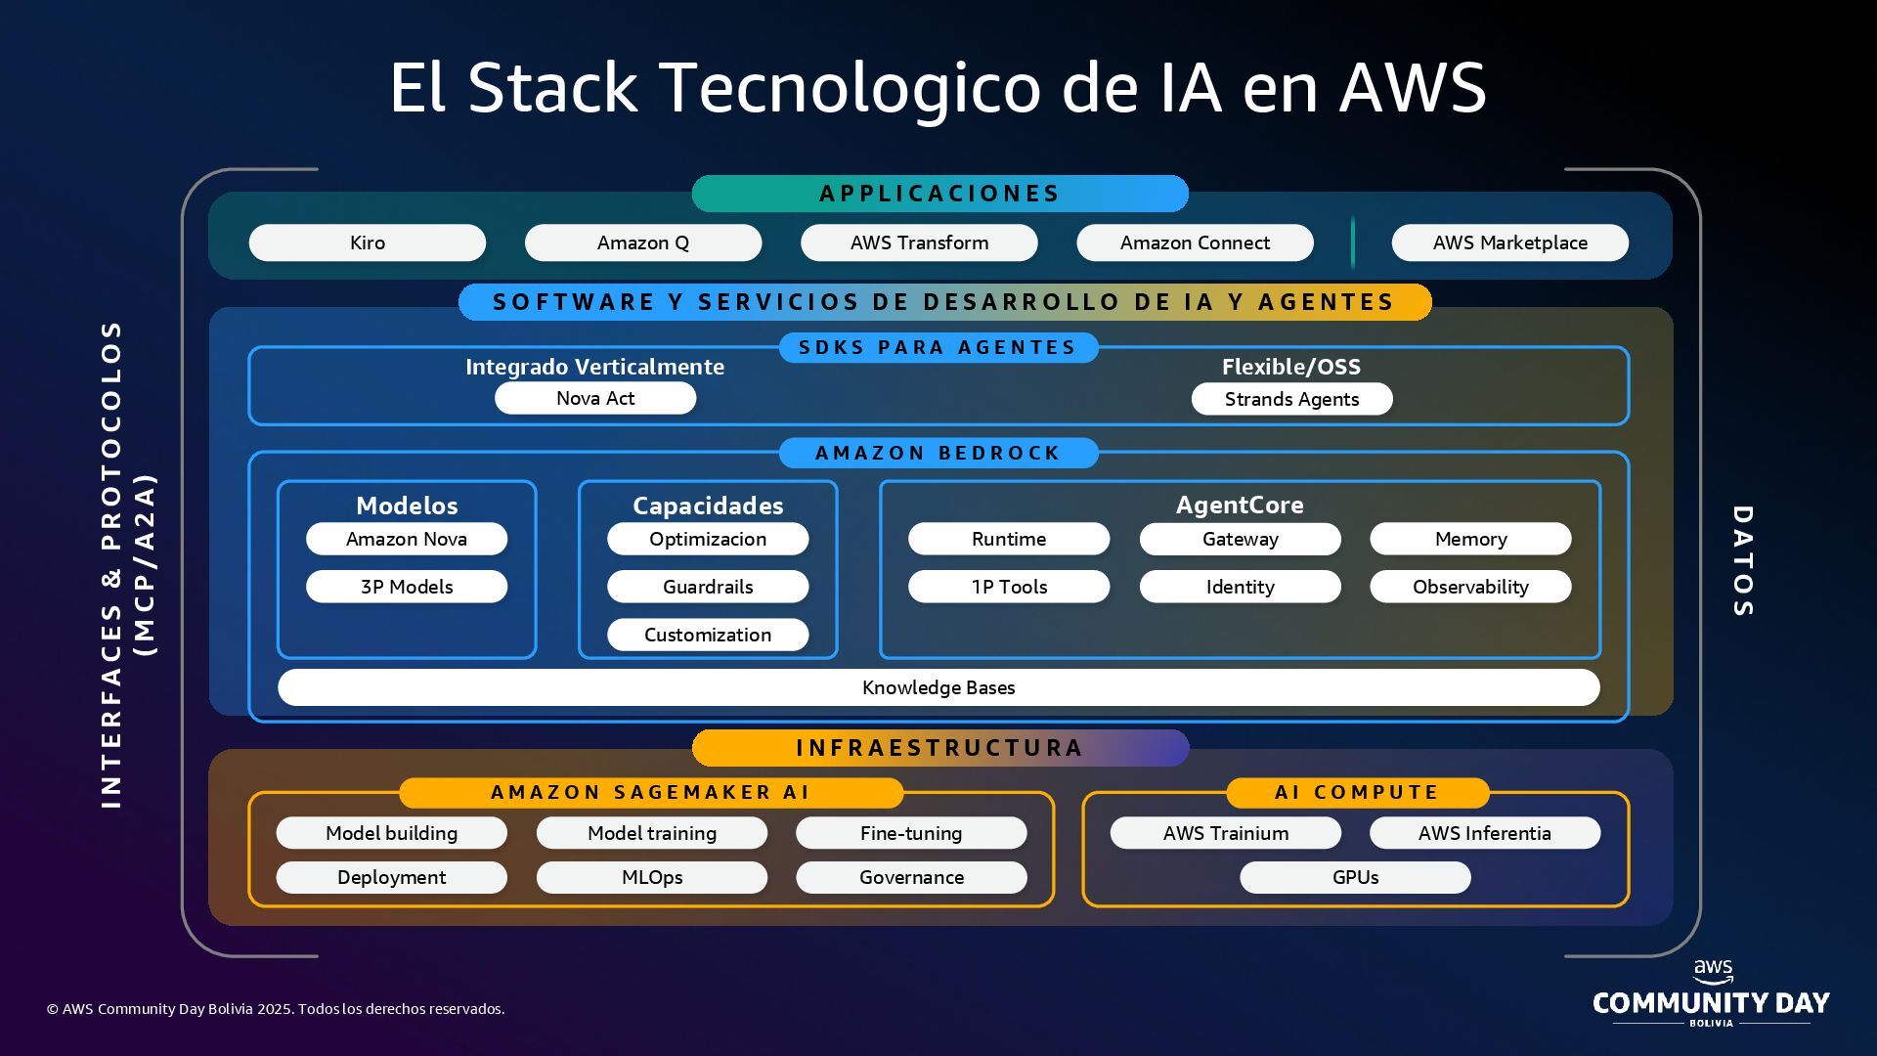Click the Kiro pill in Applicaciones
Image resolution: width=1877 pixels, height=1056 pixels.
coord(368,242)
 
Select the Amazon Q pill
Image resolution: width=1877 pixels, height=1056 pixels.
coord(643,242)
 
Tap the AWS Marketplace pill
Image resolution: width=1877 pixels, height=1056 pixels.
coord(1509,242)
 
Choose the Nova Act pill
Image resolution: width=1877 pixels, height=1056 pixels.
coord(595,398)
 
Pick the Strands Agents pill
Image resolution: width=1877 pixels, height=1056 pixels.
coord(1291,399)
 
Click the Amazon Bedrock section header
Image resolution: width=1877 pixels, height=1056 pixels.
coord(938,453)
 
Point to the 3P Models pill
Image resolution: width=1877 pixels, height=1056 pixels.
coord(407,587)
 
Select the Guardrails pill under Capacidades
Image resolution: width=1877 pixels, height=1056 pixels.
coord(708,587)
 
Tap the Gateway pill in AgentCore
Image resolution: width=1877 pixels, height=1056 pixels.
coord(1240,539)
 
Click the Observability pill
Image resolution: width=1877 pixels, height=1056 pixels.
coord(1470,587)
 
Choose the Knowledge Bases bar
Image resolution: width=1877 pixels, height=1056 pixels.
coord(938,687)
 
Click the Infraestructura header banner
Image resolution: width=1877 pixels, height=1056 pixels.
coord(939,748)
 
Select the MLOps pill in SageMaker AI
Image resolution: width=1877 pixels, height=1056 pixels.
coord(652,877)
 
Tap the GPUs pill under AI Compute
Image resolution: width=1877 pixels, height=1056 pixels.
coord(1355,877)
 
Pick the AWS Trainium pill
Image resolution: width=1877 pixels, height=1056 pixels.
coord(1225,833)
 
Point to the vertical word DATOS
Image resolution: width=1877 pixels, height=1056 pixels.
coord(1742,561)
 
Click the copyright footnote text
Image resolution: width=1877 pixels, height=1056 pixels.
coord(276,1009)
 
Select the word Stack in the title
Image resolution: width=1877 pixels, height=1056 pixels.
coord(552,87)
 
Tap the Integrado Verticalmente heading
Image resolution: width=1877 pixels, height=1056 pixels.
coord(594,367)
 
